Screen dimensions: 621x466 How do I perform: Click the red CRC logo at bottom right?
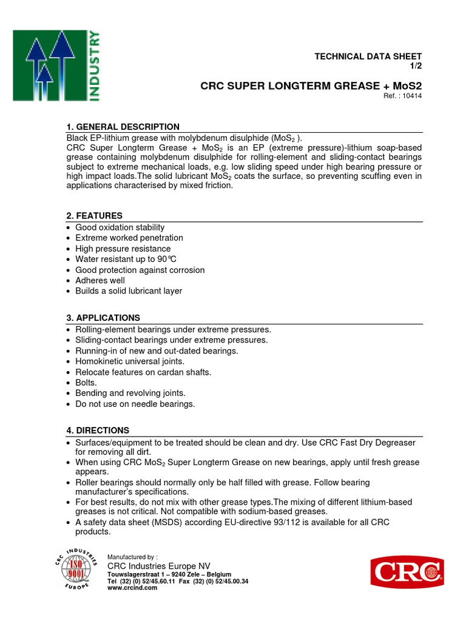[407, 572]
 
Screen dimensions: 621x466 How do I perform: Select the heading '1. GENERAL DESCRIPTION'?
[123, 127]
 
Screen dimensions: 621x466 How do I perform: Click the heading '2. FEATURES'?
[94, 216]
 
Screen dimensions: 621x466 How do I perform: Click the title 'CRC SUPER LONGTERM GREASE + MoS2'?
[311, 86]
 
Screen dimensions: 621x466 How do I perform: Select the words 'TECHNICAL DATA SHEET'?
[368, 56]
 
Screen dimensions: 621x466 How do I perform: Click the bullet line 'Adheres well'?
[100, 280]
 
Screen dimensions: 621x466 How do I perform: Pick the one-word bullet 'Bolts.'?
[86, 383]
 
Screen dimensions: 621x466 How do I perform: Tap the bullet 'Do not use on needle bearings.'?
[135, 404]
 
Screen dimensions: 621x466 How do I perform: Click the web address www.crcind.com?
[132, 588]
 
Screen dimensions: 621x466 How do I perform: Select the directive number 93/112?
[291, 523]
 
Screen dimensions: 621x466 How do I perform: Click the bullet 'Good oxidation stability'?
[120, 227]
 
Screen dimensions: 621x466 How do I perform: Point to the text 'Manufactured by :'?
[132, 557]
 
